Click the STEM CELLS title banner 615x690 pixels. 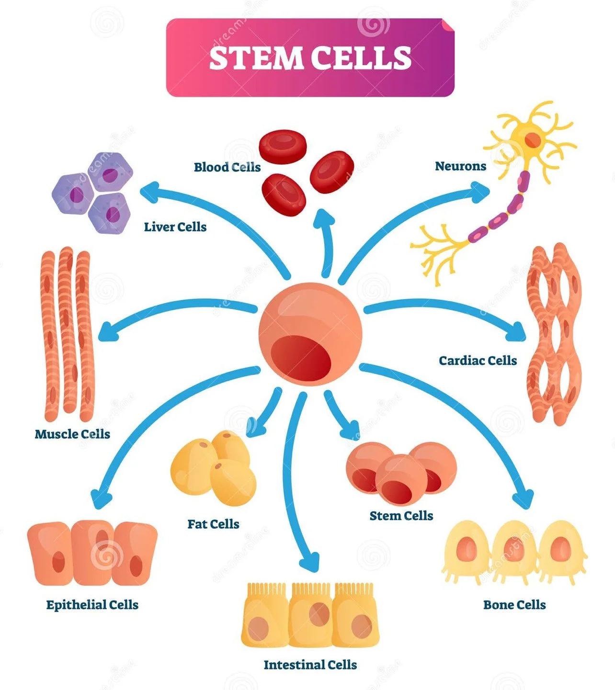click(x=310, y=57)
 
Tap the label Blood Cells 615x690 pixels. click(x=227, y=167)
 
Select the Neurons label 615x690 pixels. click(x=460, y=166)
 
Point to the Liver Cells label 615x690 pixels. click(x=175, y=227)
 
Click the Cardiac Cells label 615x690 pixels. click(x=478, y=361)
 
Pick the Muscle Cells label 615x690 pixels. click(x=72, y=434)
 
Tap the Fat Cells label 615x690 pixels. click(x=213, y=524)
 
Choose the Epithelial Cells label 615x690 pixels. click(x=92, y=605)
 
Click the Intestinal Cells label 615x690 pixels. click(x=310, y=665)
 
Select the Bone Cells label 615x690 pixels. click(x=514, y=605)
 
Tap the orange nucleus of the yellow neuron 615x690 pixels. click(x=532, y=140)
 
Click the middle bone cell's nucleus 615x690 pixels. click(x=513, y=549)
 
